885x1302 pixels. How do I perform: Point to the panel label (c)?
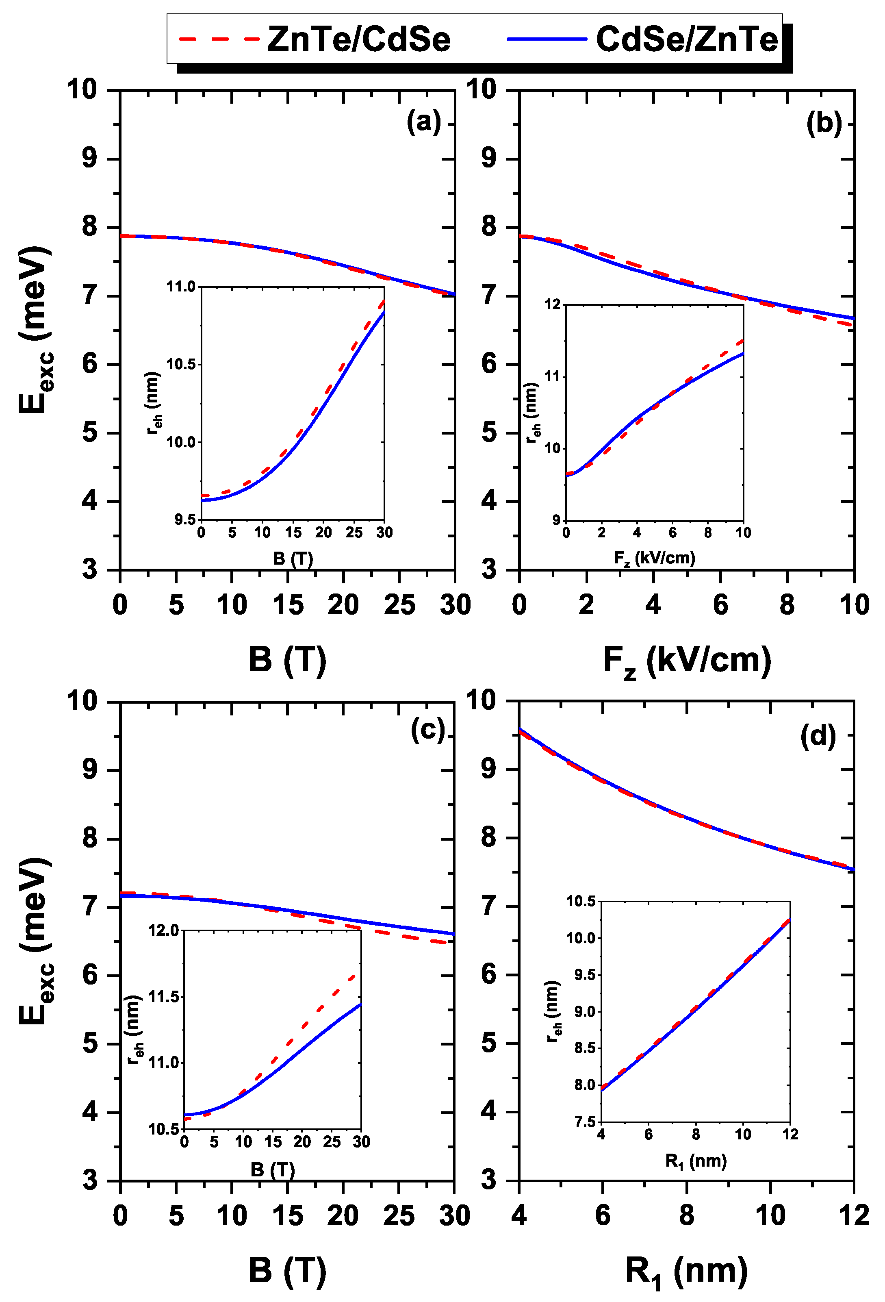[x=428, y=730]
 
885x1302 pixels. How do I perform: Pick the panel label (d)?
[x=818, y=736]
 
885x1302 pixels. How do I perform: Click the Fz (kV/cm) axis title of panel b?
[x=687, y=661]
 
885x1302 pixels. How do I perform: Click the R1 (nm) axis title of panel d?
[x=686, y=1271]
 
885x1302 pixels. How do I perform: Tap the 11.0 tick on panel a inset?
[x=180, y=287]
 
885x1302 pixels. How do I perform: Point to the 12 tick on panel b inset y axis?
[x=553, y=304]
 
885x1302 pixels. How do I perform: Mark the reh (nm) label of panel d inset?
[x=553, y=1011]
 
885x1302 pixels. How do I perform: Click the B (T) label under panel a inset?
[x=293, y=559]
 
